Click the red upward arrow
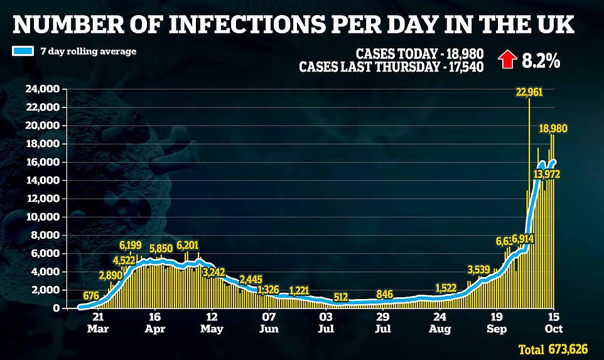click(506, 60)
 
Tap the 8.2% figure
click(541, 61)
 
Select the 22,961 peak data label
click(529, 92)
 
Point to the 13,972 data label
click(547, 173)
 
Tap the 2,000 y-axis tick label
click(48, 290)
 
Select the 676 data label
click(92, 295)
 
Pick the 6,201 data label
click(189, 244)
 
